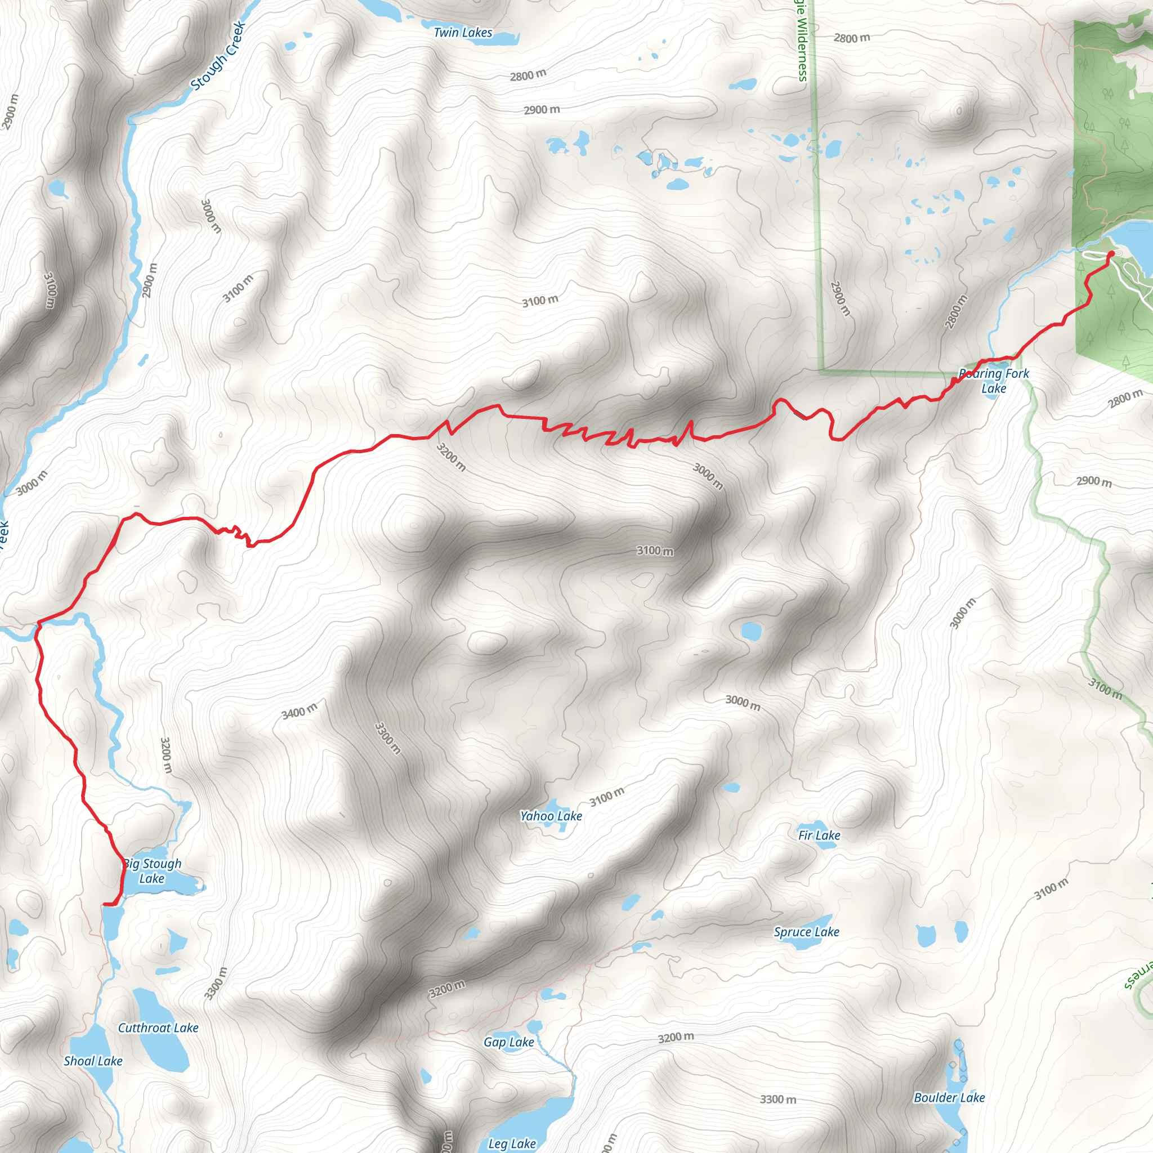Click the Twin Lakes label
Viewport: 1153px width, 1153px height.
(463, 33)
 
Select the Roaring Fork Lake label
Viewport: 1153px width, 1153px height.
(994, 381)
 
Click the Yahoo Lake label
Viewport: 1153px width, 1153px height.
(551, 816)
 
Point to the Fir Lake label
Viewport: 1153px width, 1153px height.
(819, 835)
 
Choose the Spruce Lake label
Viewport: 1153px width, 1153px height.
(806, 932)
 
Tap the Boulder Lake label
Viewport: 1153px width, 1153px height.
(949, 1097)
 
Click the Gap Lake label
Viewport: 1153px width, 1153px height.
(508, 1042)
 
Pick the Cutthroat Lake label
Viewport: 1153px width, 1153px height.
(158, 1027)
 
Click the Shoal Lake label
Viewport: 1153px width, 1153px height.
(93, 1061)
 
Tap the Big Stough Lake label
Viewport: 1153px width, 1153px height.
(152, 871)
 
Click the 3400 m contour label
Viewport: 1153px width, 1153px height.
(299, 712)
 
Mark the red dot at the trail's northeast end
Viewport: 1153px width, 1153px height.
(1111, 254)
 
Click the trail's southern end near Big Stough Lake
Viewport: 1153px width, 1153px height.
(106, 905)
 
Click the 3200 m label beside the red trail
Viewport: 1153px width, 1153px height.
(450, 457)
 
